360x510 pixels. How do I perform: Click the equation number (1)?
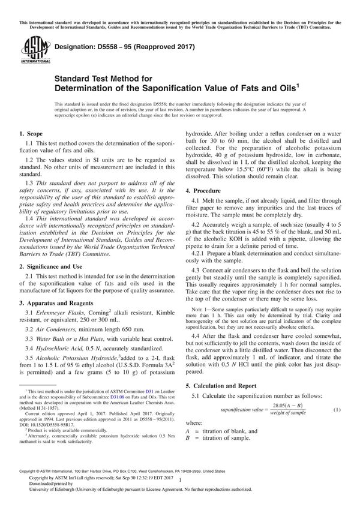[x=337, y=409]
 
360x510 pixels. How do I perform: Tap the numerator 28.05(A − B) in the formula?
[x=288, y=406]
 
